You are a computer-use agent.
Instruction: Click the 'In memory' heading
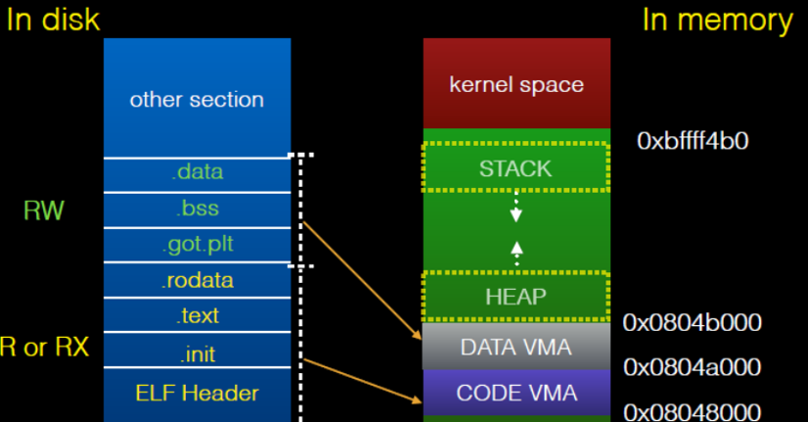717,20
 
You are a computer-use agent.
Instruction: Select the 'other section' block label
197,100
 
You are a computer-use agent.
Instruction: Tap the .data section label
197,172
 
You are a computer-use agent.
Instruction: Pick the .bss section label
197,209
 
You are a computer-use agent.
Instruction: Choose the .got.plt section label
197,245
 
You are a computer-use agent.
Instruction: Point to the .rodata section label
197,281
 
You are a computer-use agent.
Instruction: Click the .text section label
197,315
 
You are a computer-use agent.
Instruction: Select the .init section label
197,352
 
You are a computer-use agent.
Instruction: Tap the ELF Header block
197,394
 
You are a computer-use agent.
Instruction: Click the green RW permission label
44,210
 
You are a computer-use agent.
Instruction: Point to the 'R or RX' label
44,348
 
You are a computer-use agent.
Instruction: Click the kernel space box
516,84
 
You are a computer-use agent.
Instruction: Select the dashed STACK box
516,168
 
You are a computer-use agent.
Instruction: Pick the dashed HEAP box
516,296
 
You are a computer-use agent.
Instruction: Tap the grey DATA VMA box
516,346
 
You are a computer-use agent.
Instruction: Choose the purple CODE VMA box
516,393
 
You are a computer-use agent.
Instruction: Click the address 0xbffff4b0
693,141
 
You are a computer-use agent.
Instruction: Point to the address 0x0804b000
693,323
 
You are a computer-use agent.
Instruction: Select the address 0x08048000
693,411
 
